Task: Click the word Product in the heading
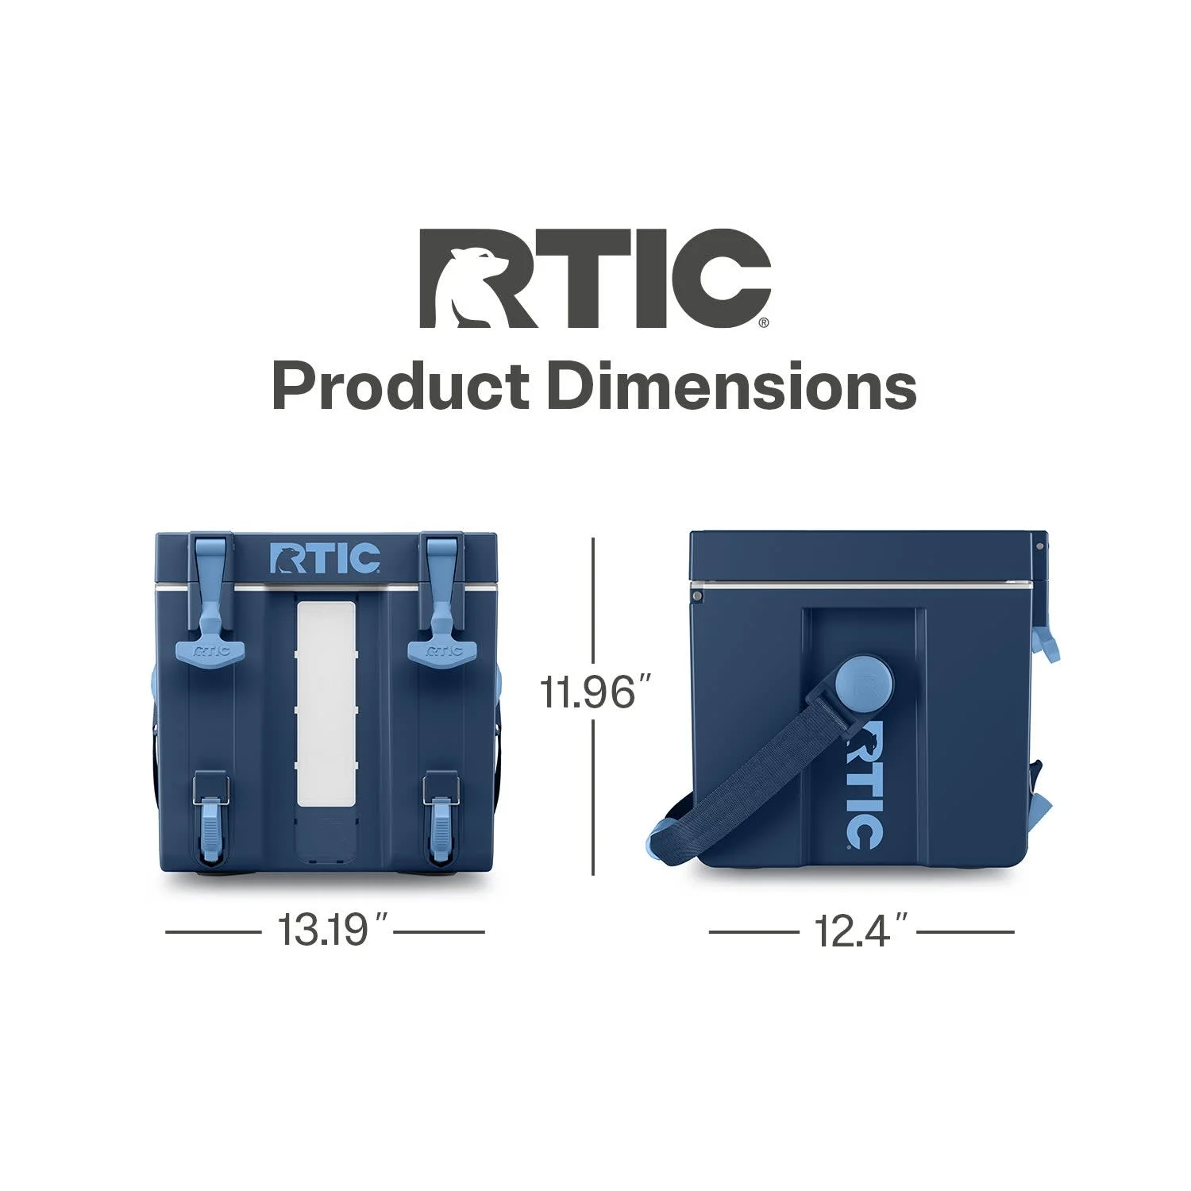pos(401,387)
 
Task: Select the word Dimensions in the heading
pos(731,387)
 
